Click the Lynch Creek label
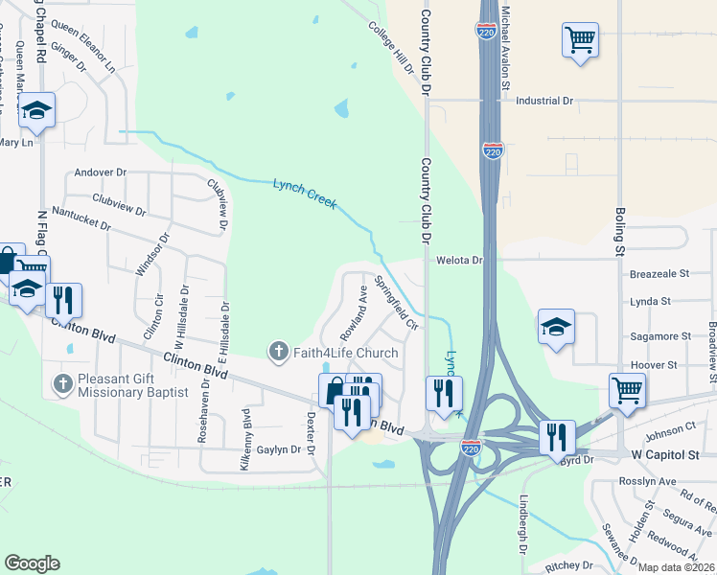tap(305, 193)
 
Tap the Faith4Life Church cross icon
tap(279, 352)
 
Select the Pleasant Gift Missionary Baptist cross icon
tap(63, 384)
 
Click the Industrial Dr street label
tap(544, 100)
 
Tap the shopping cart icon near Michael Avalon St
tap(580, 40)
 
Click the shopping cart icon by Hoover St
tap(627, 390)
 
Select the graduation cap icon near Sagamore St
tap(556, 327)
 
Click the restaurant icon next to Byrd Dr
tap(556, 436)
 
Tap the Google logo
tap(32, 563)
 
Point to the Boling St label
tap(620, 226)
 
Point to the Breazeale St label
tap(659, 273)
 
